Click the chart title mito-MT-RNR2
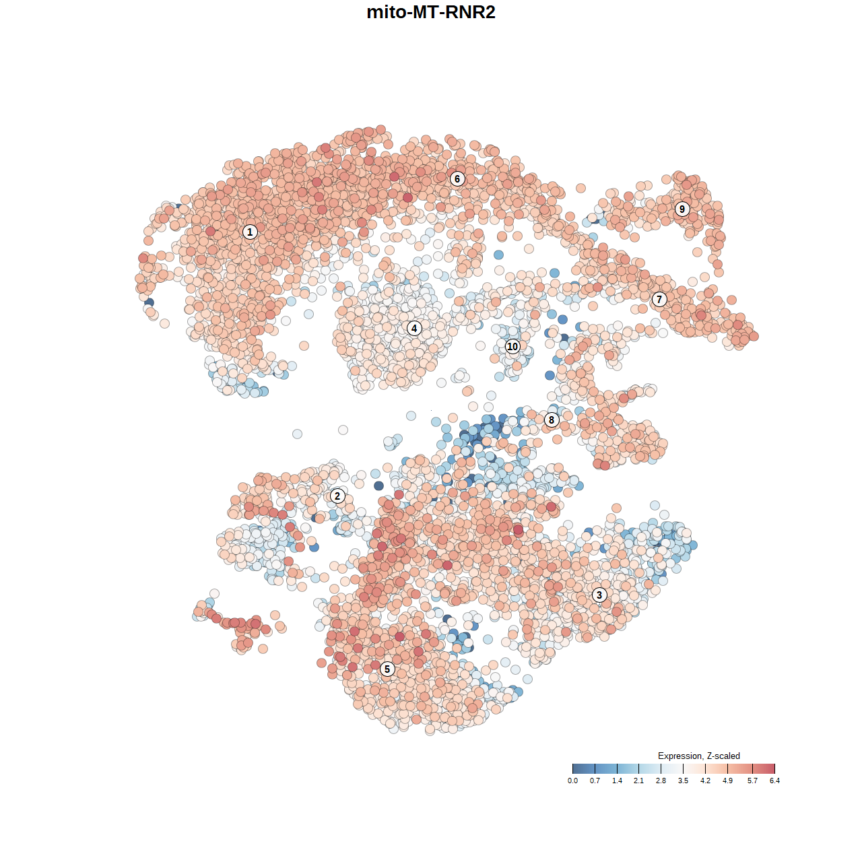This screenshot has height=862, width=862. point(431,12)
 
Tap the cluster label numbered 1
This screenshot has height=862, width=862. point(250,232)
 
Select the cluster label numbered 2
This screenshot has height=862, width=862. point(337,496)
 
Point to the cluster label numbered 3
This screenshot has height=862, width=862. point(599,595)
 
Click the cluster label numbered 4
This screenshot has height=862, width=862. point(414,328)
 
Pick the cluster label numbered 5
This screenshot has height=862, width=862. point(387,669)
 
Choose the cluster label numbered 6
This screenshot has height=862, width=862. point(457,178)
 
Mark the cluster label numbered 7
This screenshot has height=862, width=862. point(659,299)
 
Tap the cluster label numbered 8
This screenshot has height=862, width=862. point(552,420)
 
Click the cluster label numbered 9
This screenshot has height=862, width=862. point(682,209)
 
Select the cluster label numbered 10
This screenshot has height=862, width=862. point(512,346)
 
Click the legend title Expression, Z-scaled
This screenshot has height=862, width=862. point(698,756)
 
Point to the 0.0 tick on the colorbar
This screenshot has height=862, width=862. point(572,769)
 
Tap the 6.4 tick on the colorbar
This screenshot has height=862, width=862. point(774,769)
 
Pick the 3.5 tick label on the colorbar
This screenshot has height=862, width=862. point(683,781)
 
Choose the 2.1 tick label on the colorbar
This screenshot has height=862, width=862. point(638,781)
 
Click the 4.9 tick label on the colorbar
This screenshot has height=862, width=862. point(727,781)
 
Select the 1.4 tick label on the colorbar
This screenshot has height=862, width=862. point(617,781)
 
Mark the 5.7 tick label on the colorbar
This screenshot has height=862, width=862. point(752,781)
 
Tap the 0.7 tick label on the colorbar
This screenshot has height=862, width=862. point(595,781)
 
